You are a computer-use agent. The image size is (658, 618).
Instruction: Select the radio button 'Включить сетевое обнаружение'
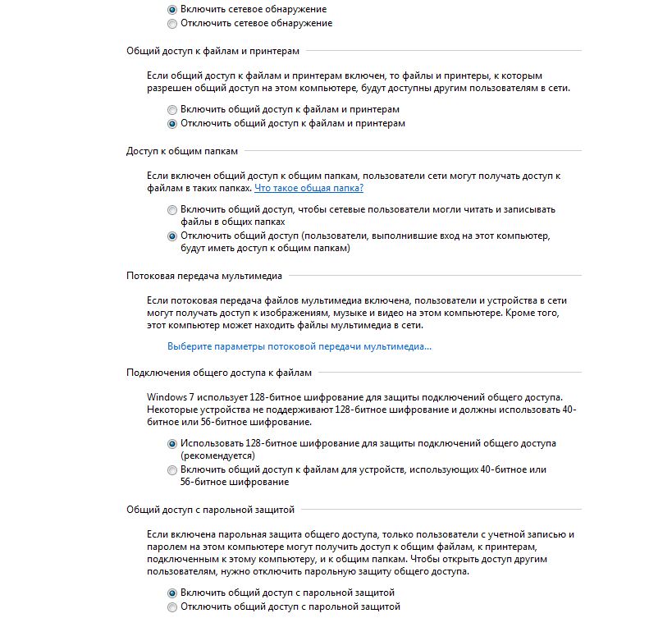171,10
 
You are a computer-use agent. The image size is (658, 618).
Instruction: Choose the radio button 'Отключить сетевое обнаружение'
171,24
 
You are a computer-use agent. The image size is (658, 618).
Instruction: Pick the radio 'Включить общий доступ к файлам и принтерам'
171,110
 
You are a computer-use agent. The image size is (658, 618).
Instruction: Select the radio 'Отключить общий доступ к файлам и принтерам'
171,124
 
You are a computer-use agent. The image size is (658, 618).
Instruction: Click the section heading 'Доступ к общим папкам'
181,151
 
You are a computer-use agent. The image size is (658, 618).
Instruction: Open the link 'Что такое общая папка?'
308,189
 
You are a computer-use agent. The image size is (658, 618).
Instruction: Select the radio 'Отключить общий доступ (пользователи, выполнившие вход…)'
171,236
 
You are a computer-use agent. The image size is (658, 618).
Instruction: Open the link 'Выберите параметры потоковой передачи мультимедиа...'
299,347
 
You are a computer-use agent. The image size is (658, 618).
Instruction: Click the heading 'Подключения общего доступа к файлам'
219,373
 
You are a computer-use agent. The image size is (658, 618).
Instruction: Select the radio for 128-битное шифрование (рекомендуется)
171,443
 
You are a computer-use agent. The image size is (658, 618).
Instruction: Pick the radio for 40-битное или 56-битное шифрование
171,470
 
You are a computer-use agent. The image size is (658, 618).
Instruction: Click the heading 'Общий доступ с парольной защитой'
210,510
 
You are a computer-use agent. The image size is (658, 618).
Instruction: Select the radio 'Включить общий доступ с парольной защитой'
171,593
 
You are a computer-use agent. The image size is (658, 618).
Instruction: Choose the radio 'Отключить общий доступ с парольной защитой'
171,607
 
